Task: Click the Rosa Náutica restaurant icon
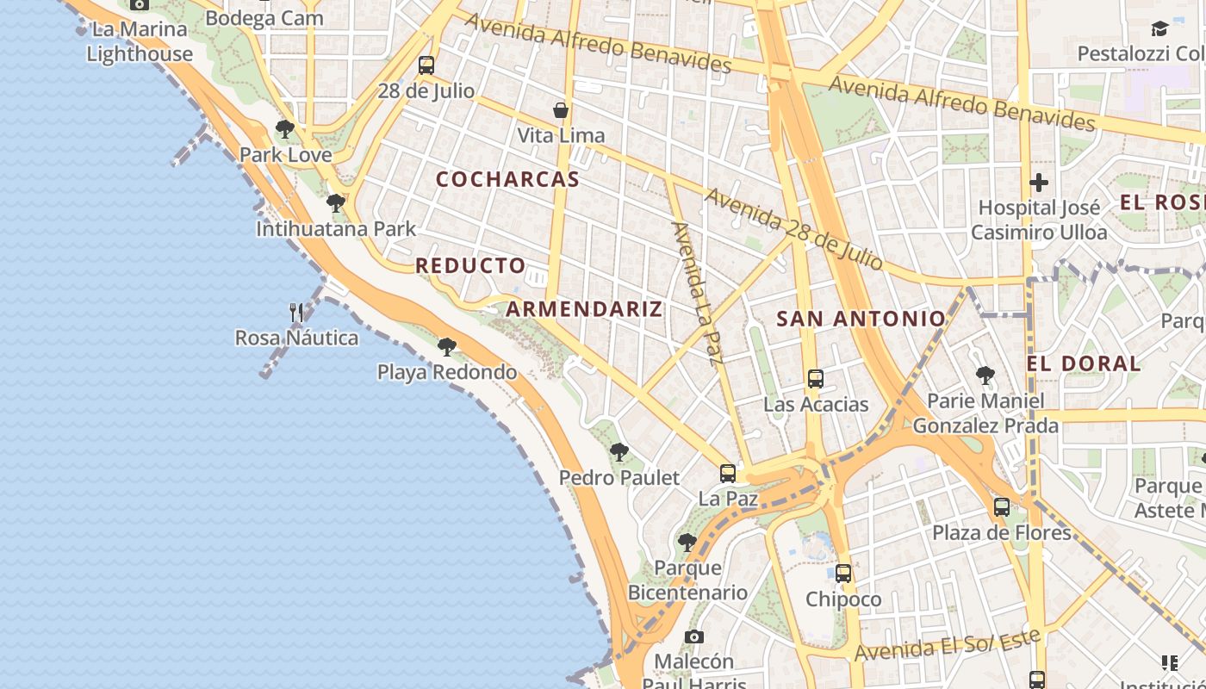(x=296, y=312)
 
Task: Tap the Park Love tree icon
(x=285, y=130)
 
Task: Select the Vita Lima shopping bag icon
(x=561, y=110)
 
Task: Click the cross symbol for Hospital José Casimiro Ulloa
(x=1039, y=183)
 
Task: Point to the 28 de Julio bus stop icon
(x=426, y=65)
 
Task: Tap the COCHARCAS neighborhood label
(x=507, y=179)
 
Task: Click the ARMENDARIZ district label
(x=584, y=309)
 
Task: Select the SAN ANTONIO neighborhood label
(x=861, y=319)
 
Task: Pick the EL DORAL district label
(x=1084, y=363)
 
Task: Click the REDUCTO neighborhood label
(x=470, y=265)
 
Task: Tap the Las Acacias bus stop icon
(x=815, y=379)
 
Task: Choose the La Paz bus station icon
(x=728, y=473)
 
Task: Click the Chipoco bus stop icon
(x=843, y=574)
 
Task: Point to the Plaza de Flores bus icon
(x=1001, y=507)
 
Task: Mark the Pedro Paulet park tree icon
(x=619, y=452)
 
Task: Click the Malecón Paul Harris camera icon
(x=694, y=637)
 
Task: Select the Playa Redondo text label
(x=447, y=372)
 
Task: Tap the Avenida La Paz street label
(x=695, y=293)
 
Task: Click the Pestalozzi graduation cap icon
(x=1159, y=28)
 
